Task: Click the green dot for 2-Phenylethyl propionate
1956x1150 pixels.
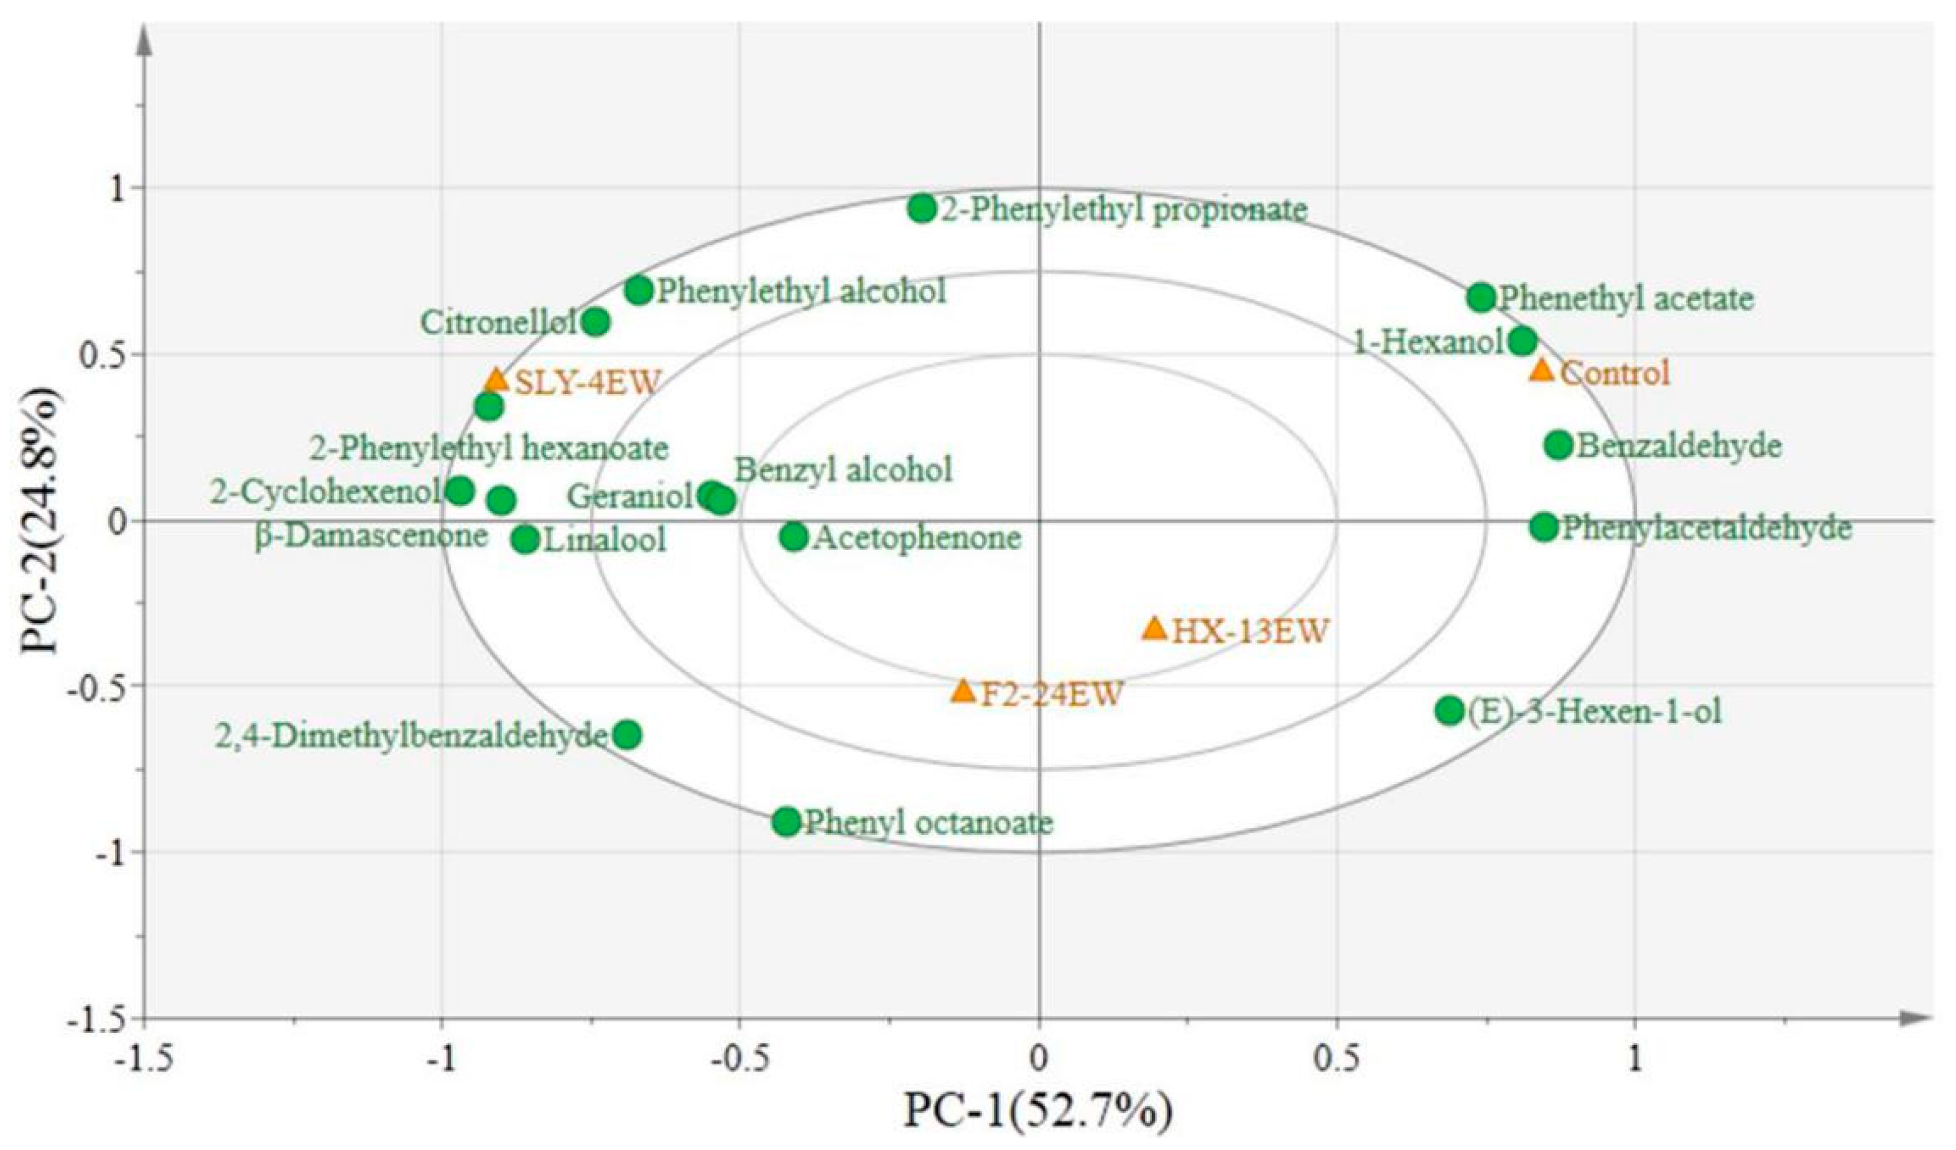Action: pyautogui.click(x=922, y=208)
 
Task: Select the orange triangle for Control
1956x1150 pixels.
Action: pyautogui.click(x=1542, y=370)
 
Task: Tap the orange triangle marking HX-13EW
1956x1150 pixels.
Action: pyautogui.click(x=1155, y=629)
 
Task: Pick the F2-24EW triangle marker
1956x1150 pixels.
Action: pyautogui.click(x=963, y=691)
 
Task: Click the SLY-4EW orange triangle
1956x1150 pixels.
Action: pyautogui.click(x=497, y=380)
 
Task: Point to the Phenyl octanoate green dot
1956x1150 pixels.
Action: pyautogui.click(x=787, y=821)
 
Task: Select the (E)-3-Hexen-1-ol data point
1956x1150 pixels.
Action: pyautogui.click(x=1449, y=710)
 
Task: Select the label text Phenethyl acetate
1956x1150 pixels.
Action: pyautogui.click(x=1625, y=299)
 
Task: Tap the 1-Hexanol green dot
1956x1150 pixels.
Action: pyautogui.click(x=1523, y=340)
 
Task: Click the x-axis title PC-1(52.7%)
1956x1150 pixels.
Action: pyautogui.click(x=1038, y=1112)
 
